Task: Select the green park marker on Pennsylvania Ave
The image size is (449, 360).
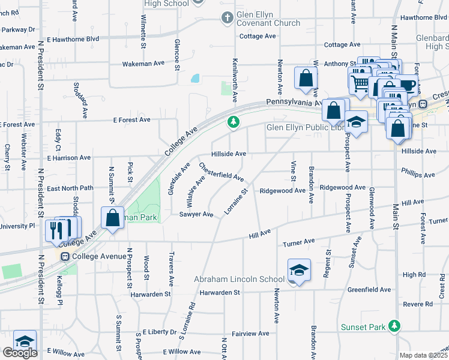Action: [x=234, y=122]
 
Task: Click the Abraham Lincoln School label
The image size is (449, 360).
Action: [x=239, y=279]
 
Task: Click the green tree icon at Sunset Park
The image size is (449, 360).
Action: [x=394, y=326]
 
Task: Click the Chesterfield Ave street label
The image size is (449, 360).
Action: [x=221, y=172]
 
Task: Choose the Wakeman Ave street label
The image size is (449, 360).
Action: [x=143, y=63]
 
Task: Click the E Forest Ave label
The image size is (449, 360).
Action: [x=131, y=119]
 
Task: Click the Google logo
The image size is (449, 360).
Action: [x=19, y=353]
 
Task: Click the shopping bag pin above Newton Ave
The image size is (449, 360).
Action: [x=306, y=79]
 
